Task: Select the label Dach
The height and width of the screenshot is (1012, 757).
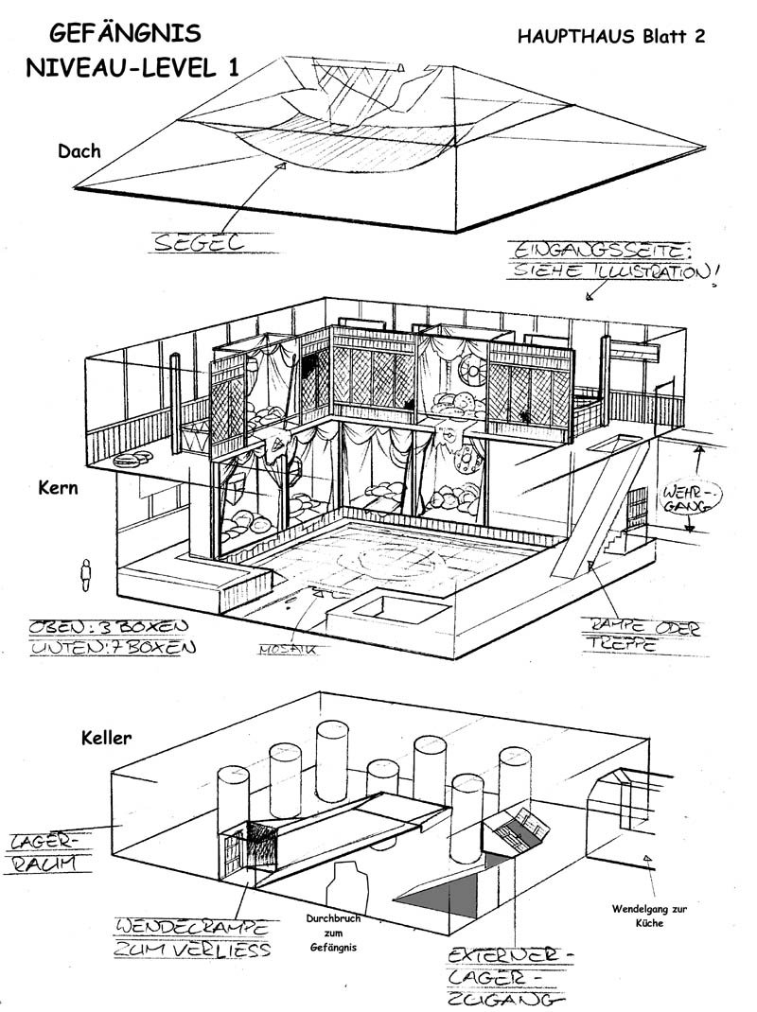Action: point(79,150)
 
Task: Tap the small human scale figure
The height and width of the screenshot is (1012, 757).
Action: point(86,575)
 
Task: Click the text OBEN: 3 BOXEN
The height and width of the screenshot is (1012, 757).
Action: point(108,625)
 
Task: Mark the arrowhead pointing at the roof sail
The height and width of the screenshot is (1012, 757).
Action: point(280,166)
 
